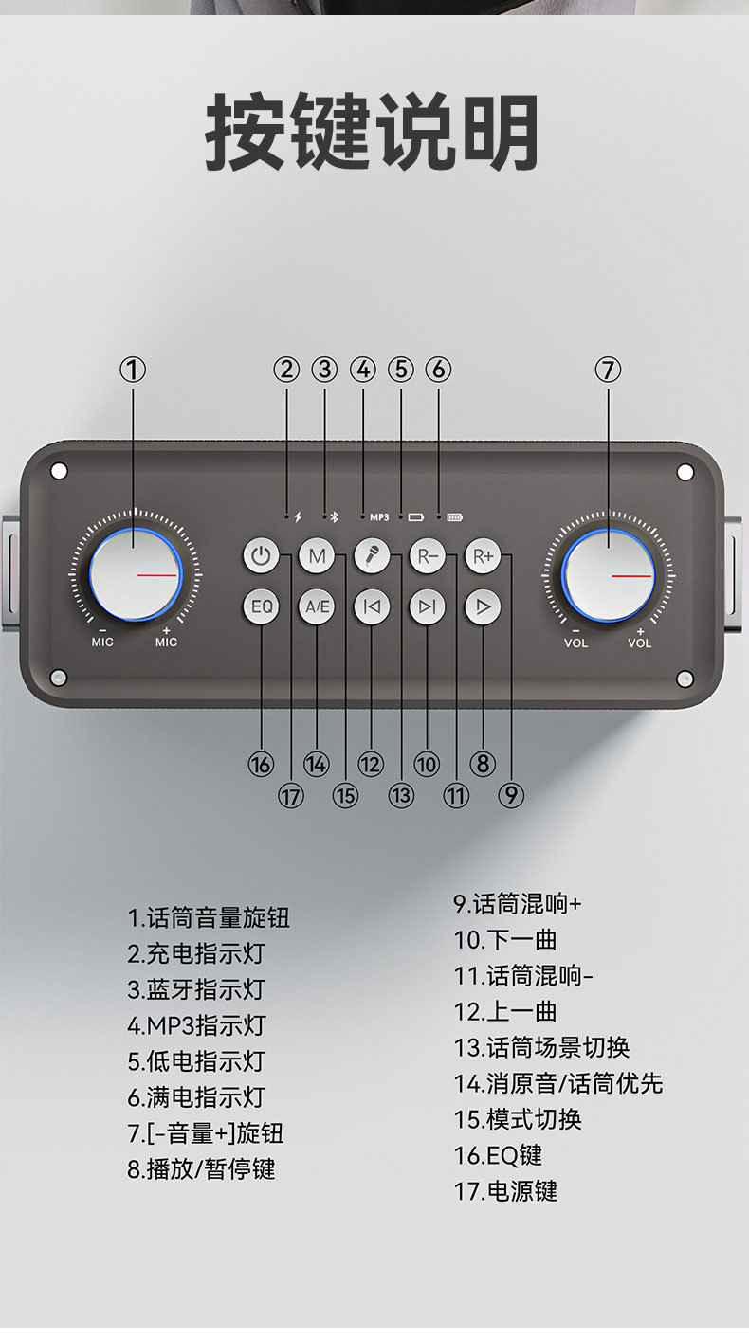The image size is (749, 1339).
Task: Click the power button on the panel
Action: pyautogui.click(x=262, y=556)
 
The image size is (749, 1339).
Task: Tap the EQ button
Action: pyautogui.click(x=262, y=606)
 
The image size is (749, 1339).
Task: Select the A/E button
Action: pyautogui.click(x=317, y=606)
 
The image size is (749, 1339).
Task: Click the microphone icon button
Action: pyautogui.click(x=372, y=556)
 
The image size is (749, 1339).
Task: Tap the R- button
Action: pyautogui.click(x=427, y=556)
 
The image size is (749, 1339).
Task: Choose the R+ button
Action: pyautogui.click(x=483, y=556)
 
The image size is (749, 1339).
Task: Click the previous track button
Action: pyautogui.click(x=372, y=606)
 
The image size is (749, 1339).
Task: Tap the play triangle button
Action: pyautogui.click(x=483, y=606)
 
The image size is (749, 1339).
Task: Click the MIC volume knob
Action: pyautogui.click(x=135, y=574)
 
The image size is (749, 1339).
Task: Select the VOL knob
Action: pyautogui.click(x=608, y=574)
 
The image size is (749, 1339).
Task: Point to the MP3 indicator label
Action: pyautogui.click(x=379, y=517)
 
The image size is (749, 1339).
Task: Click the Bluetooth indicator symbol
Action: pyautogui.click(x=333, y=517)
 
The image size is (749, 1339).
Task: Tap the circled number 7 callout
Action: pyautogui.click(x=608, y=370)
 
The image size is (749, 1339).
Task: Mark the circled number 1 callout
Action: pyautogui.click(x=134, y=370)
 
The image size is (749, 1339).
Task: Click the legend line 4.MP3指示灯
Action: pyautogui.click(x=196, y=1025)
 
